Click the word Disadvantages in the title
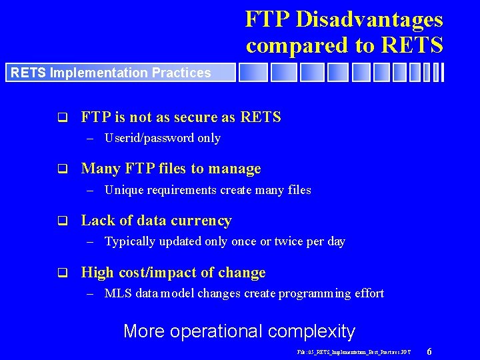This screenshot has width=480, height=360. (x=369, y=19)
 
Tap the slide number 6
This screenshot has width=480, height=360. (x=429, y=351)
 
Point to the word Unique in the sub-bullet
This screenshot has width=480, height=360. (x=124, y=190)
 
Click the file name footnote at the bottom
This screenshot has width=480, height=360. (x=354, y=351)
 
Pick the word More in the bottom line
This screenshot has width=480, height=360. (x=143, y=331)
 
